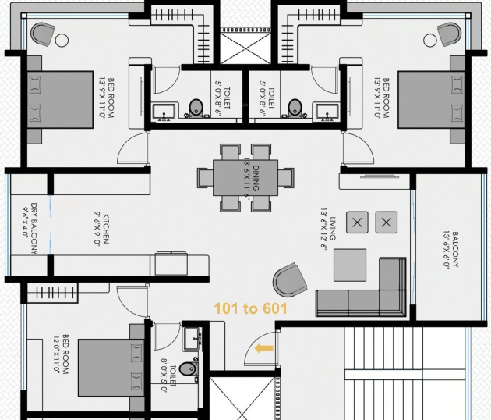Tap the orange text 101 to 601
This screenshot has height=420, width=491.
(x=251, y=309)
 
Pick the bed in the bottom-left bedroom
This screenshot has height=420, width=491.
(x=109, y=367)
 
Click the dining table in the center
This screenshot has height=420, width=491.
(x=245, y=177)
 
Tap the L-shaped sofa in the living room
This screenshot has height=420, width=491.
(x=366, y=292)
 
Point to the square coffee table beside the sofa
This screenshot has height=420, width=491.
(x=349, y=265)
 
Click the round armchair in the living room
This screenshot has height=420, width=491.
(x=289, y=279)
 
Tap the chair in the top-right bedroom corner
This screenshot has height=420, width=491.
(x=450, y=34)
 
